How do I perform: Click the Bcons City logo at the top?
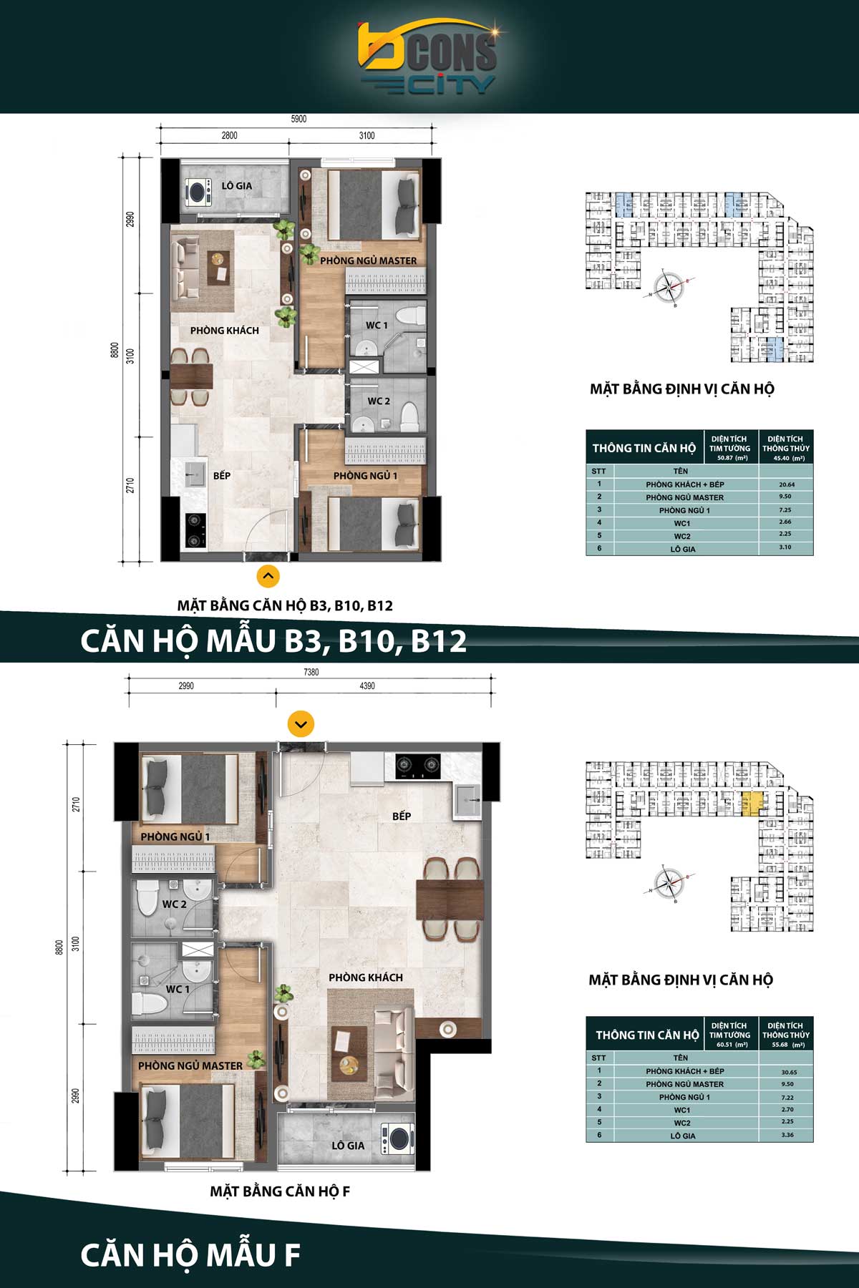point(427,58)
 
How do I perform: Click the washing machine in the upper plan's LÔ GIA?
point(198,191)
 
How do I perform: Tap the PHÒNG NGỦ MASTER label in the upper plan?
point(368,260)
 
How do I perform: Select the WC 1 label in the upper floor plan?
point(377,325)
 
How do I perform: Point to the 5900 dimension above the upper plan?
point(299,119)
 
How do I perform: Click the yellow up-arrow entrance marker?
point(268,575)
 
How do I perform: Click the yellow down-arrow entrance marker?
point(301,724)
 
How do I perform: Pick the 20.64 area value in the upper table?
point(786,484)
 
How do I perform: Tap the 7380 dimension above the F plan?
point(311,673)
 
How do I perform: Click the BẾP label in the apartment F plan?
point(402,816)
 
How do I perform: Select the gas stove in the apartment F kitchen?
point(417,766)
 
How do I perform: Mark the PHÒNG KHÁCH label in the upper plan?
point(225,331)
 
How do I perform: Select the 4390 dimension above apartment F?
point(367,686)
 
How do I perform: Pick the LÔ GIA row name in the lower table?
point(683,1136)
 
